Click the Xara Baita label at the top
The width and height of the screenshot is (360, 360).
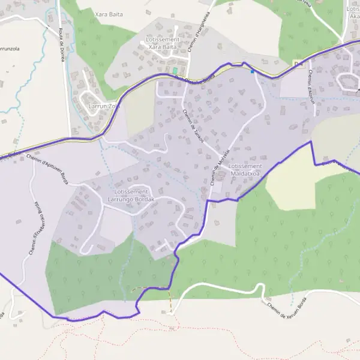click(109, 13)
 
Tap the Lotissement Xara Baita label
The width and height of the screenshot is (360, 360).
click(161, 42)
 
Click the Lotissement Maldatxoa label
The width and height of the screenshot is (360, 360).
click(245, 169)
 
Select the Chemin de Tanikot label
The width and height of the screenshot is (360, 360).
click(193, 125)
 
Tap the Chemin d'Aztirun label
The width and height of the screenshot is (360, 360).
click(311, 86)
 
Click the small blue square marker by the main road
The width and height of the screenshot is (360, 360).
click(253, 71)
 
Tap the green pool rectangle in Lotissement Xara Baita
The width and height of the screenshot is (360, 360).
click(175, 71)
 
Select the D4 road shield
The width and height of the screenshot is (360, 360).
click(299, 64)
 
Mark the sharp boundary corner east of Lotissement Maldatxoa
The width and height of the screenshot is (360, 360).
click(311, 142)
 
